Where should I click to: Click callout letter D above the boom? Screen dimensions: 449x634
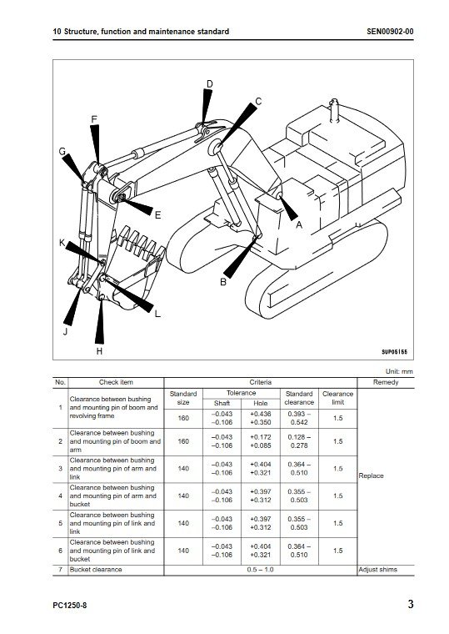pos(210,84)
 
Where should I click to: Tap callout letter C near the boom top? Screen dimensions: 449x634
pos(258,102)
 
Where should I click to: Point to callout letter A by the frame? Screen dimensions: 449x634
pos(299,224)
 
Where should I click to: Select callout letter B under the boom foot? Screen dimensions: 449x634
pos(223,282)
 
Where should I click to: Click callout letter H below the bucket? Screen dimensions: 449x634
pos(99,351)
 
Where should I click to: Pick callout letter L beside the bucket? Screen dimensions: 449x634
pos(157,314)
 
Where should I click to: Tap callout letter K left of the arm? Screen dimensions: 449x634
pos(62,243)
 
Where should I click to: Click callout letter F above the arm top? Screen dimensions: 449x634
pos(94,119)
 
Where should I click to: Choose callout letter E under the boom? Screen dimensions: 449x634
pos(158,215)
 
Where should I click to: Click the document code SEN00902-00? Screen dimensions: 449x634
pos(390,32)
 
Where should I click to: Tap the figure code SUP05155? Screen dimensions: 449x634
pos(395,352)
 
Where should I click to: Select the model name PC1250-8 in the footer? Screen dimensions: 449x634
pos(69,606)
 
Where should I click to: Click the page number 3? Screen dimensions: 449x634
pos(411,604)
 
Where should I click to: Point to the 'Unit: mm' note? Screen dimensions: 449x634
pos(399,371)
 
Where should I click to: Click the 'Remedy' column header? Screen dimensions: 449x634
pos(386,382)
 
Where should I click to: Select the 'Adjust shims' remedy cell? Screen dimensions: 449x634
pos(377,570)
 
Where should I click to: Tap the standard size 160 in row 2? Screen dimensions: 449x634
pos(183,441)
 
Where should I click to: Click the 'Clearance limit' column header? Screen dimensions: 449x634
pos(338,398)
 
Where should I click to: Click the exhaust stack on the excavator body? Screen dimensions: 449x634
pos(334,110)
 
